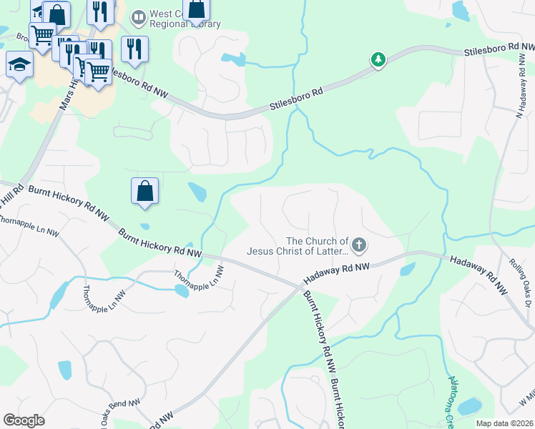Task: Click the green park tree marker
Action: pos(378,59)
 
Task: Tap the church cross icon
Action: pos(359,247)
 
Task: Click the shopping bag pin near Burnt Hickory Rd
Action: pos(144,191)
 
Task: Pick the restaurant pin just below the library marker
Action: pos(134,49)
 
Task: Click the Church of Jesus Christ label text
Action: pos(298,246)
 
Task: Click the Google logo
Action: pos(24,420)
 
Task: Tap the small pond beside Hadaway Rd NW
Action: pos(408,270)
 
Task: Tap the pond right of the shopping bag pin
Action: pos(196,192)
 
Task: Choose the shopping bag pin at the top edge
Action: pos(197,9)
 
